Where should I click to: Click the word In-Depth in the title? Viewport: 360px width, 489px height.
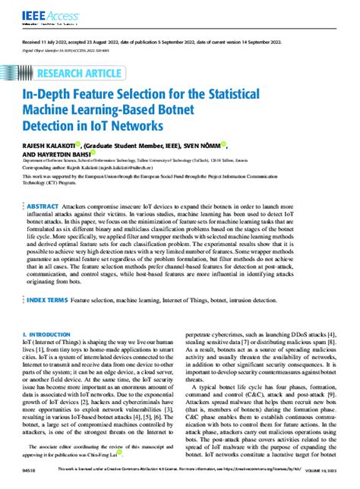point(52,95)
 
